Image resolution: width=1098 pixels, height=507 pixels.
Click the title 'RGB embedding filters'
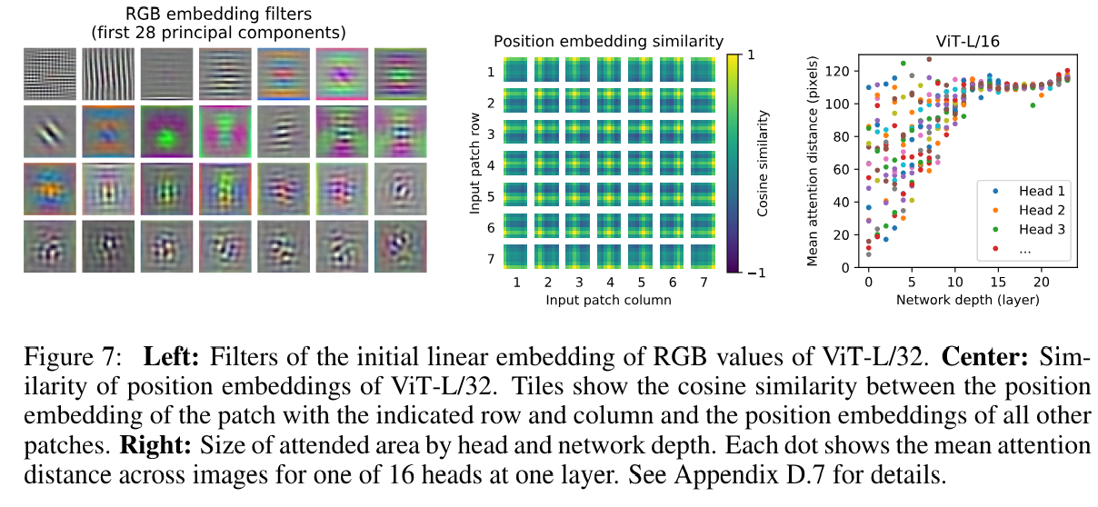point(192,15)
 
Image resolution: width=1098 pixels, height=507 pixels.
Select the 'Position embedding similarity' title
point(608,41)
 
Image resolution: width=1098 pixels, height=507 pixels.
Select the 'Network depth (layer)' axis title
point(965,299)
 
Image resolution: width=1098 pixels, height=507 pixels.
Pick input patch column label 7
point(705,283)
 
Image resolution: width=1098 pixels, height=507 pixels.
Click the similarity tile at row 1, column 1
point(516,70)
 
